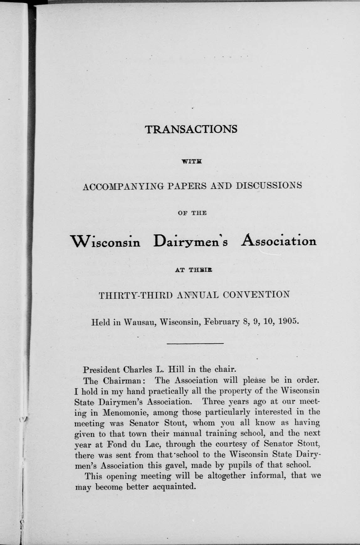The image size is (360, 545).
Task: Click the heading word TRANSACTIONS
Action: point(191,129)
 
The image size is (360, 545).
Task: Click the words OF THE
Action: point(192,213)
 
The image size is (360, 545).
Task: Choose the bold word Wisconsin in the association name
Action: point(106,242)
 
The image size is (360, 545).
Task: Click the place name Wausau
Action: point(140,322)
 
